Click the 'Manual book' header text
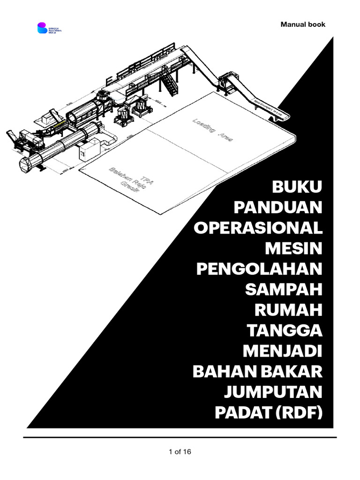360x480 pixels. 303,24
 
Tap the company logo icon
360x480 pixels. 41,28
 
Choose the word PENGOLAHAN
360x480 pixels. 259,269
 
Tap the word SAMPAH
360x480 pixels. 284,290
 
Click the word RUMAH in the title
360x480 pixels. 289,310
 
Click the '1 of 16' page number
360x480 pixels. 180,452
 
